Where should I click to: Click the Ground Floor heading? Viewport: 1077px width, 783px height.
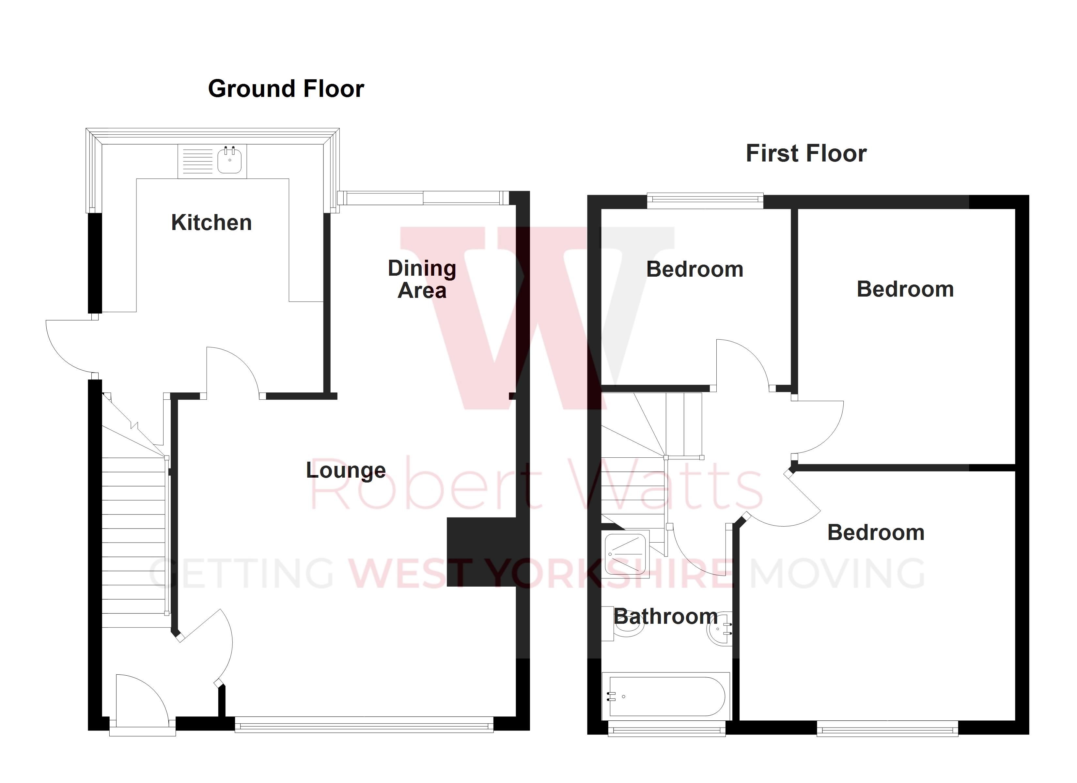pyautogui.click(x=286, y=89)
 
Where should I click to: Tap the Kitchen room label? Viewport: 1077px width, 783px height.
pyautogui.click(x=211, y=223)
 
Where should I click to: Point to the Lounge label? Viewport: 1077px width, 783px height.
pyautogui.click(x=346, y=470)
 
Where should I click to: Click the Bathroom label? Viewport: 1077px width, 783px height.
pyautogui.click(x=665, y=616)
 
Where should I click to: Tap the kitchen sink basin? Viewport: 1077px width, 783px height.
pyautogui.click(x=230, y=161)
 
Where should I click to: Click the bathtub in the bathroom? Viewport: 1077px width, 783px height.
pyautogui.click(x=666, y=697)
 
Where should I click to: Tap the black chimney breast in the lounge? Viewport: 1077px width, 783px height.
pyautogui.click(x=481, y=552)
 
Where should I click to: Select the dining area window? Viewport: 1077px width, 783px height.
pyautogui.click(x=423, y=197)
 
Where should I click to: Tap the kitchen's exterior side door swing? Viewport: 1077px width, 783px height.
pyautogui.click(x=71, y=344)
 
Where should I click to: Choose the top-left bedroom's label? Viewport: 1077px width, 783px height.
pyautogui.click(x=694, y=269)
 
